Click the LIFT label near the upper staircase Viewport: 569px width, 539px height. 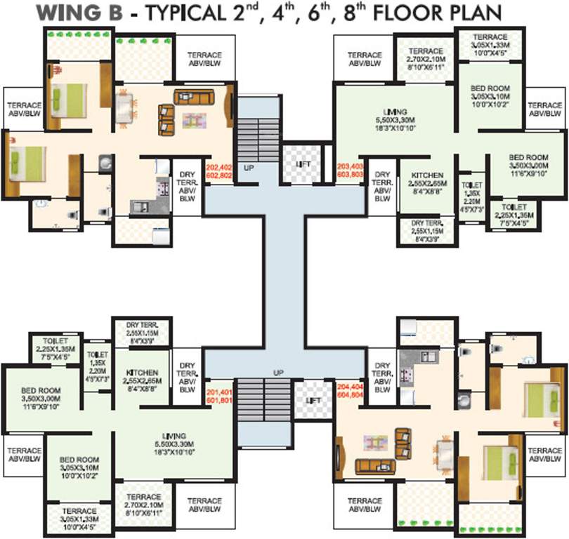coord(303,164)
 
